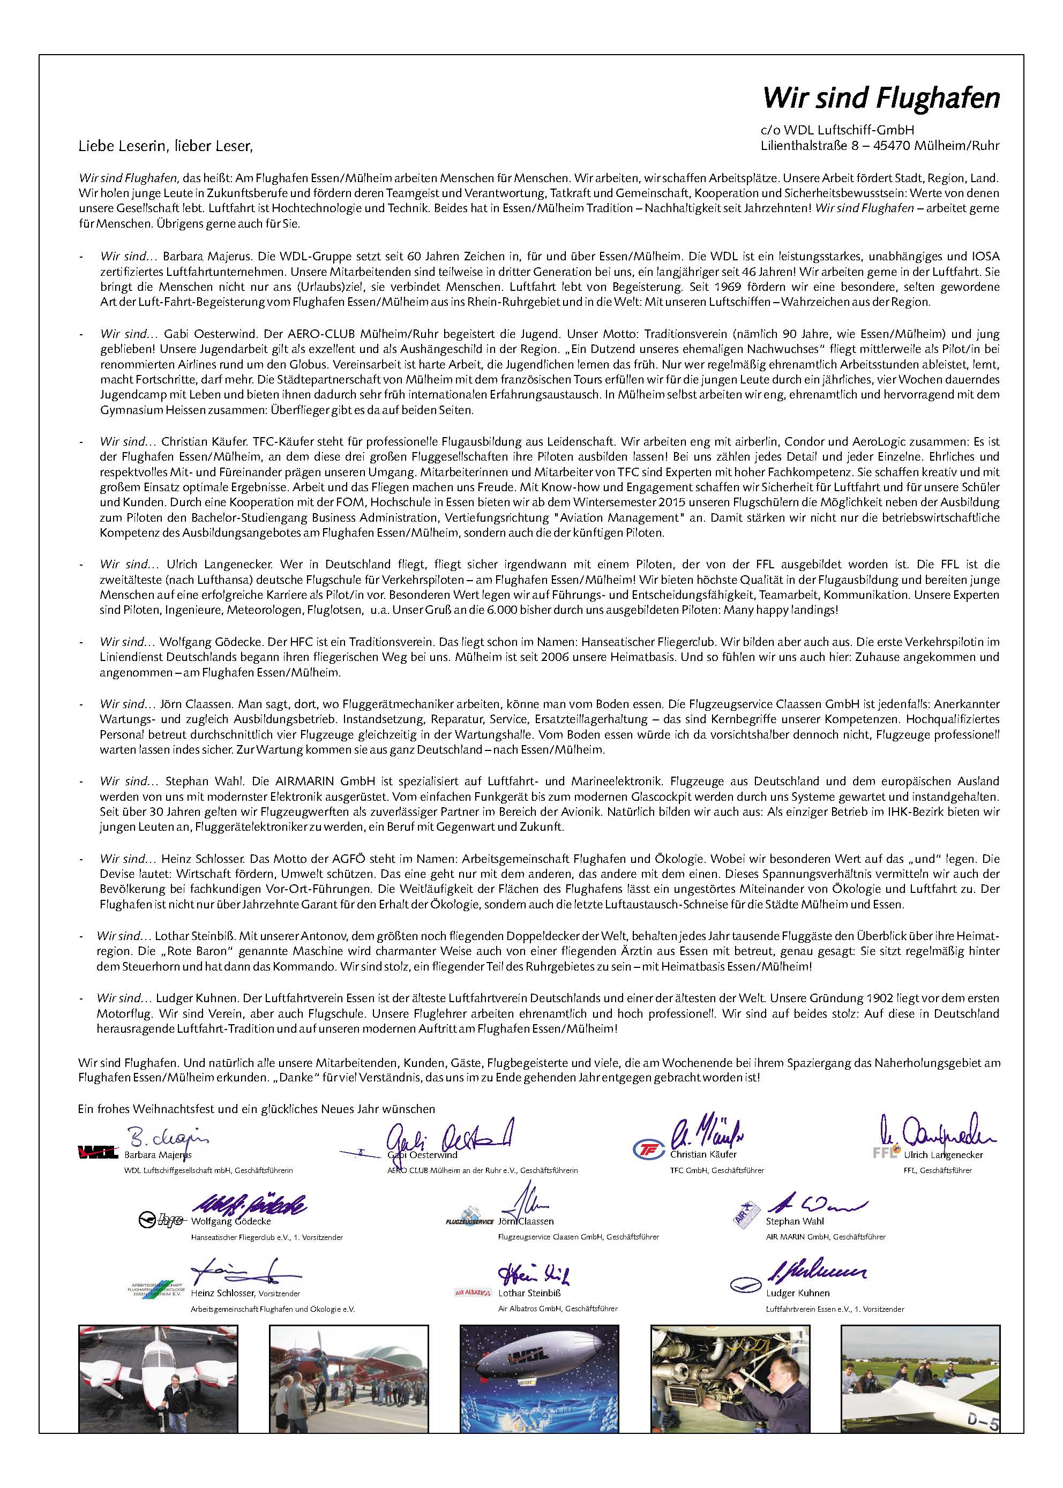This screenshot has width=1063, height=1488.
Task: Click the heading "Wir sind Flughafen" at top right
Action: (x=881, y=98)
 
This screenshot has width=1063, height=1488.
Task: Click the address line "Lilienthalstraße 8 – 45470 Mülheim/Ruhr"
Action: (x=880, y=145)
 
